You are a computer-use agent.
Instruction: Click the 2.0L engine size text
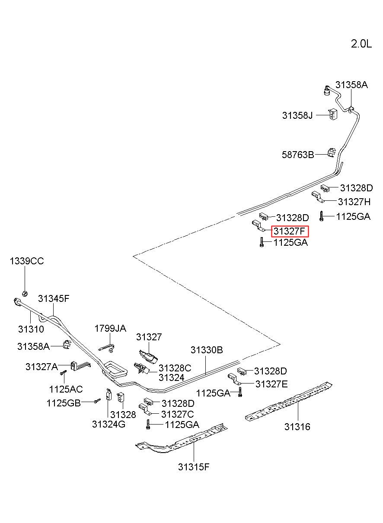(x=361, y=44)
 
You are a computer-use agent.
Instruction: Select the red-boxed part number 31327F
(x=290, y=231)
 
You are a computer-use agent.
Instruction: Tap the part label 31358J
(x=297, y=115)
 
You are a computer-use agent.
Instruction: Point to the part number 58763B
(x=298, y=155)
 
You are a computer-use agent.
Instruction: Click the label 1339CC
(x=27, y=261)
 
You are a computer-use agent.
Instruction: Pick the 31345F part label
(x=54, y=298)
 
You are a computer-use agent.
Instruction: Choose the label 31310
(x=31, y=329)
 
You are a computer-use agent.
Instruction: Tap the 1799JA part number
(x=110, y=329)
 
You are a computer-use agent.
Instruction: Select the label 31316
(x=297, y=427)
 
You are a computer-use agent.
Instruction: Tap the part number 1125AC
(x=66, y=389)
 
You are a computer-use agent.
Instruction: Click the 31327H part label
(x=354, y=202)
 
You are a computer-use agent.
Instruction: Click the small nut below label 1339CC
(x=25, y=293)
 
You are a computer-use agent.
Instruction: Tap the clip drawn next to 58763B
(x=331, y=152)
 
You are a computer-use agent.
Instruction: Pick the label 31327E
(x=271, y=384)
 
